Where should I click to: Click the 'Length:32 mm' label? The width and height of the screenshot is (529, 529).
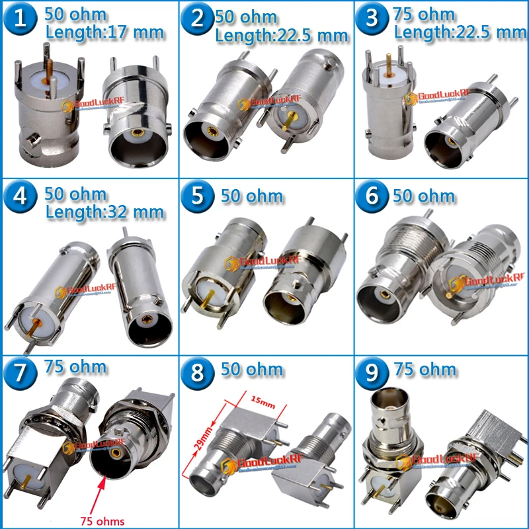pos(104,212)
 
